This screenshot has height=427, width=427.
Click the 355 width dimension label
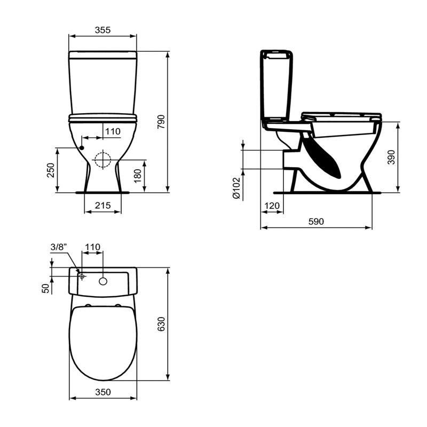pyautogui.click(x=102, y=30)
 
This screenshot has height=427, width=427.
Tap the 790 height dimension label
pyautogui.click(x=161, y=122)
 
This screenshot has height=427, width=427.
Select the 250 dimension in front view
pyautogui.click(x=51, y=170)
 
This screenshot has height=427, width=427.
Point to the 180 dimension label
pyautogui.click(x=138, y=176)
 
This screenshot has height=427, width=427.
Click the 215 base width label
pyautogui.click(x=102, y=205)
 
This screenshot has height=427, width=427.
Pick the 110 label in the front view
pyautogui.click(x=113, y=131)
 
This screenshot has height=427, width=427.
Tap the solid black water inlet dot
pyautogui.click(x=82, y=148)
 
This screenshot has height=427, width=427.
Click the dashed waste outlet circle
pyautogui.click(x=102, y=160)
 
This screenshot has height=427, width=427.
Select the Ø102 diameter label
pyautogui.click(x=236, y=188)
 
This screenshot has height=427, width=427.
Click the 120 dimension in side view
pyautogui.click(x=272, y=205)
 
